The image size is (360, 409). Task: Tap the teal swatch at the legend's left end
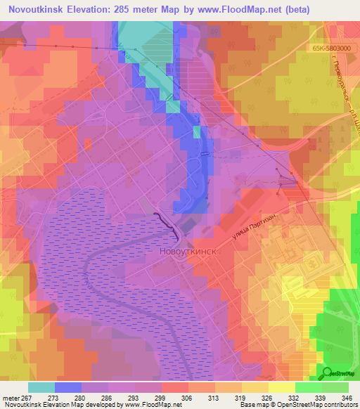(x=41, y=387)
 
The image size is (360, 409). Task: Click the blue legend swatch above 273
(x=68, y=387)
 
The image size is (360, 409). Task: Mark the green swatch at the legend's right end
(x=335, y=387)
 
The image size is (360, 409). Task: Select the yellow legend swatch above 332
(x=282, y=387)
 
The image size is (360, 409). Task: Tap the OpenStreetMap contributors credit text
(x=316, y=405)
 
